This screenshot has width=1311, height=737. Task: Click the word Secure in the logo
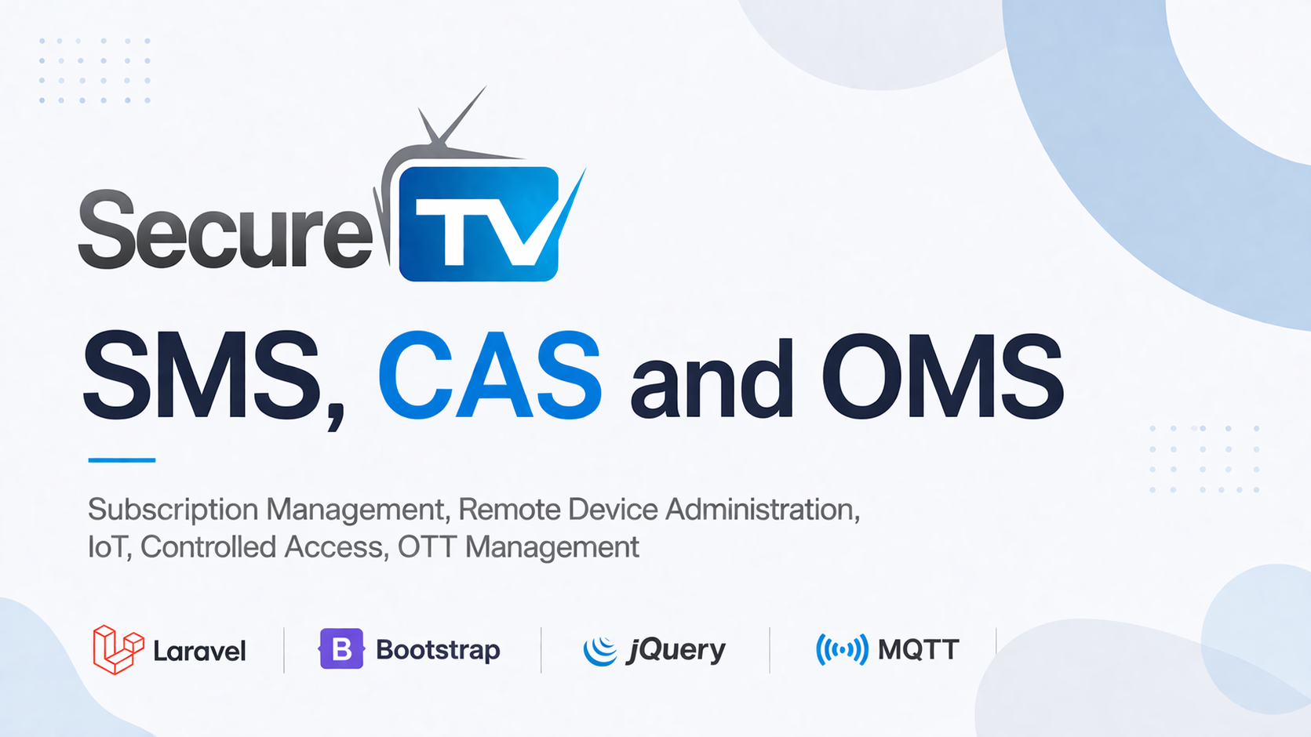(225, 231)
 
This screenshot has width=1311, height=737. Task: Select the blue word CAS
(490, 376)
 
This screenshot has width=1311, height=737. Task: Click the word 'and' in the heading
(711, 380)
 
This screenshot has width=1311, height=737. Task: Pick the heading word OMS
(942, 376)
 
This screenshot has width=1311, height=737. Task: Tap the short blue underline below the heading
(122, 460)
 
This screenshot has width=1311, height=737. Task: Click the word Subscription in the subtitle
(173, 510)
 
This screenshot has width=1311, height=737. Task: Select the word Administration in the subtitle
(762, 510)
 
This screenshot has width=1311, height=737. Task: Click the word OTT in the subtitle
(426, 547)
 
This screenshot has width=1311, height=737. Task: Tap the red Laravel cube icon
(117, 649)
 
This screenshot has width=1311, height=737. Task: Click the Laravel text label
(199, 651)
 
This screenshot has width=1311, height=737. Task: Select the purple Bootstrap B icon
(341, 648)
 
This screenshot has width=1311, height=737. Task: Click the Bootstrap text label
(438, 650)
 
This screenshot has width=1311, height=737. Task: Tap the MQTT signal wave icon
(842, 649)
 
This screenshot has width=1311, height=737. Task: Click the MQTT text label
(918, 649)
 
